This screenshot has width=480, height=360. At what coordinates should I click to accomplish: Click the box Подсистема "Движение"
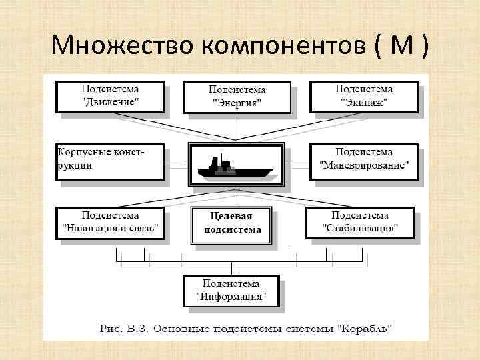click(x=110, y=96)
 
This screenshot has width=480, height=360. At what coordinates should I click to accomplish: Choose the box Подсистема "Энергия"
click(x=237, y=97)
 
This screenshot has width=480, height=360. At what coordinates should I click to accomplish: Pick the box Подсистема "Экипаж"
click(x=363, y=96)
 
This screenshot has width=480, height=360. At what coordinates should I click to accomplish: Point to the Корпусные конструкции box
click(x=110, y=161)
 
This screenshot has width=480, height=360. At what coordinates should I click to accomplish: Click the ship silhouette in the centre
click(x=237, y=165)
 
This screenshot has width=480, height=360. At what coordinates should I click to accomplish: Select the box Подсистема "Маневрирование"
click(x=363, y=161)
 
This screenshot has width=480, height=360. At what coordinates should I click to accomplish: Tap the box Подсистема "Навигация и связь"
click(x=110, y=223)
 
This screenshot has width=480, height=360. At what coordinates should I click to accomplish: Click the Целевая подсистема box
click(x=231, y=224)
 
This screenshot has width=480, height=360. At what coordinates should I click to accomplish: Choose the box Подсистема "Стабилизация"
click(x=360, y=223)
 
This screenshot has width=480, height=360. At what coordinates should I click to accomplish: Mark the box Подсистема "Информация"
click(x=232, y=291)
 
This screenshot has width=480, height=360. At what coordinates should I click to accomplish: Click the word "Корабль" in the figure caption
click(x=366, y=329)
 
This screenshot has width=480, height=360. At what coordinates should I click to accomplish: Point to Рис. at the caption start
click(x=112, y=329)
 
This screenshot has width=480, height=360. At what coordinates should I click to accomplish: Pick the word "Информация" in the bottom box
click(x=232, y=297)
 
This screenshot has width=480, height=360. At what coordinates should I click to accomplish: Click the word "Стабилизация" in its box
click(x=360, y=229)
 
